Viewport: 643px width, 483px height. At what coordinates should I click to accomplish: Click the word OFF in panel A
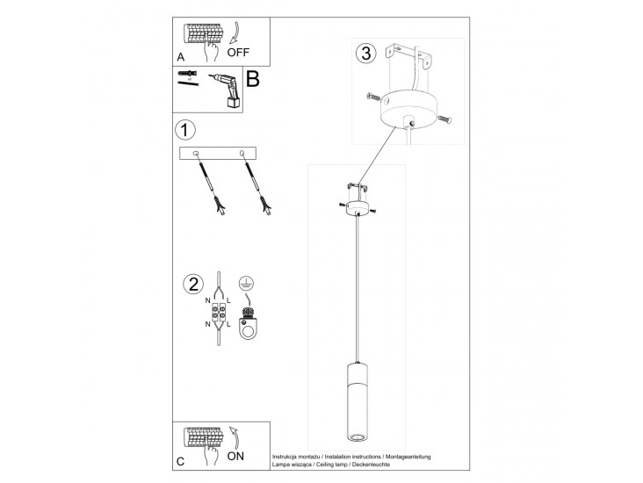click(238, 53)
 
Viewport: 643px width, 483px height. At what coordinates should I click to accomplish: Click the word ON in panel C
click(235, 456)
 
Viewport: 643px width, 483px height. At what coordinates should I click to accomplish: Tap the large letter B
click(253, 79)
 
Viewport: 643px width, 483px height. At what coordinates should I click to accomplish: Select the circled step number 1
click(185, 130)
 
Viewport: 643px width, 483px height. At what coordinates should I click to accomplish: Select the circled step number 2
click(193, 285)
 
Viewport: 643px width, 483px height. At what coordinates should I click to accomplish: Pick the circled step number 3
click(365, 54)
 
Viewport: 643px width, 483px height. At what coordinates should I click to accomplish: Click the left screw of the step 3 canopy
click(374, 97)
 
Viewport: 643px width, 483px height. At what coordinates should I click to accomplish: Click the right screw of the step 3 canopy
click(444, 119)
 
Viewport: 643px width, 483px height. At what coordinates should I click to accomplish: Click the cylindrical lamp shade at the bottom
click(358, 402)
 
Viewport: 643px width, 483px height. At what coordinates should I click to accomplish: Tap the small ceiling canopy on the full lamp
click(358, 209)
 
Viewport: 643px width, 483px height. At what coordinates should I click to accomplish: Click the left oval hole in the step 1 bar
click(196, 154)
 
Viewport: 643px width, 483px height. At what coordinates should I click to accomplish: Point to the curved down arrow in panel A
click(235, 32)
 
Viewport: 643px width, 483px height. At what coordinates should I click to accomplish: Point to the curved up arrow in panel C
click(235, 437)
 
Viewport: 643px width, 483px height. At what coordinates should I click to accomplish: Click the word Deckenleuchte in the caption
click(372, 465)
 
